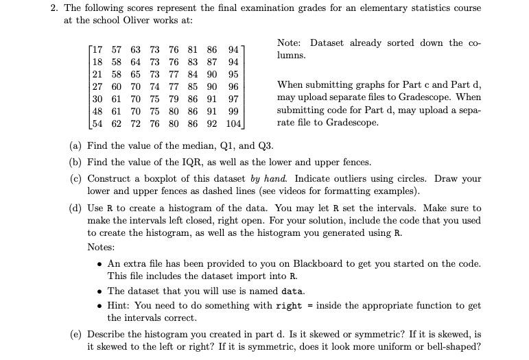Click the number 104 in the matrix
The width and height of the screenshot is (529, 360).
click(x=233, y=125)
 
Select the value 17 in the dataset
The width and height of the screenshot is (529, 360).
click(x=97, y=49)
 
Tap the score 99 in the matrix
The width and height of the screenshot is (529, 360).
click(x=233, y=112)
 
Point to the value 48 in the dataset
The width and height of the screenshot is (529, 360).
click(x=97, y=112)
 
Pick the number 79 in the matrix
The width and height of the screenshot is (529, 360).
click(x=174, y=99)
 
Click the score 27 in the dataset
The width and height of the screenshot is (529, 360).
click(x=97, y=87)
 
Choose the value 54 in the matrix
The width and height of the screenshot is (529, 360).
click(x=97, y=125)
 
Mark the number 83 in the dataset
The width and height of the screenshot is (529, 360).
click(x=193, y=62)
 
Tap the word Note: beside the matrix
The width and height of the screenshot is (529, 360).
click(x=290, y=43)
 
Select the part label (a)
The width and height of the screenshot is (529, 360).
click(x=76, y=145)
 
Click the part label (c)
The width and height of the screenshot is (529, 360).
click(x=76, y=179)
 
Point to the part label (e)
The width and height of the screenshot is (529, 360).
click(x=76, y=335)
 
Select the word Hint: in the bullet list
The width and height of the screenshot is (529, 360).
click(x=120, y=305)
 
